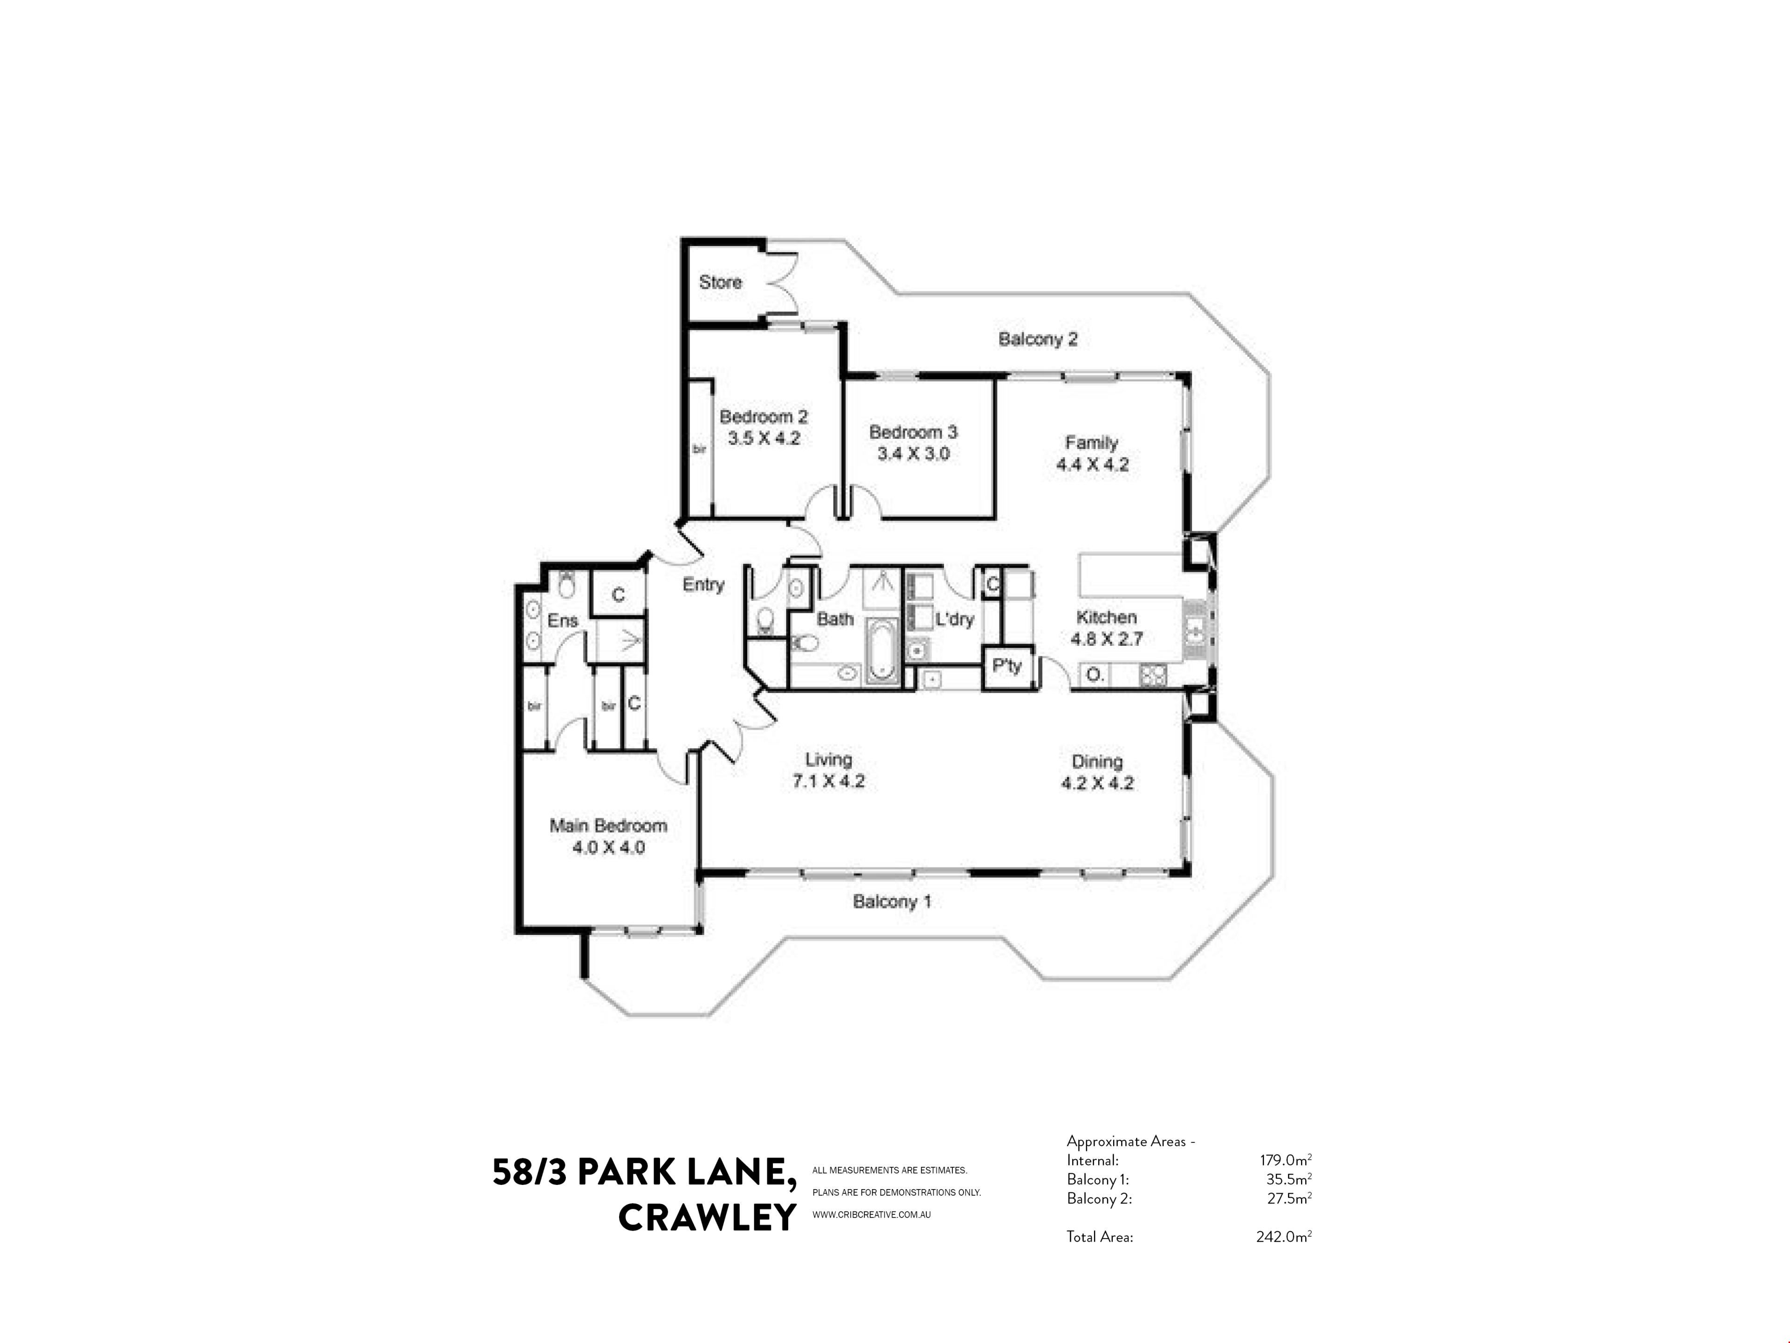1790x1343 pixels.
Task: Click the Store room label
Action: (x=720, y=283)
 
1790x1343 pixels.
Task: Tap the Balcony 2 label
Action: (x=1038, y=339)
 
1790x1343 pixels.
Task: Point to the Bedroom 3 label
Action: (x=913, y=432)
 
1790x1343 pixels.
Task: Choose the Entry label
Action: (x=703, y=584)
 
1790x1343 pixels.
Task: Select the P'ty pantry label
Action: (x=1007, y=666)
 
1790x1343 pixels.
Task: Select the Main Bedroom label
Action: (x=608, y=826)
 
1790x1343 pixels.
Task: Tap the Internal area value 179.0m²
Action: (x=1285, y=1160)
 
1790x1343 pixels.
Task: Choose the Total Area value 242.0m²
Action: (x=1283, y=1236)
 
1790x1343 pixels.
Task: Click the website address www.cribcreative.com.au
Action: (x=872, y=1214)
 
